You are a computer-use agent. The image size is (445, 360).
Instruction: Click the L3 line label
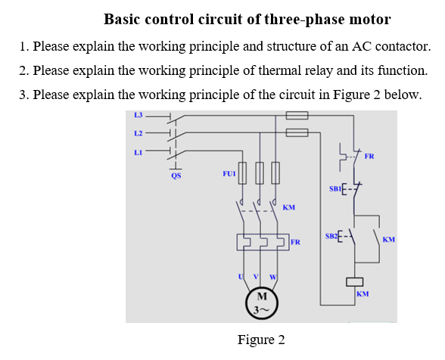pyautogui.click(x=138, y=115)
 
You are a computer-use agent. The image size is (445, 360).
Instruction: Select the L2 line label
pyautogui.click(x=138, y=133)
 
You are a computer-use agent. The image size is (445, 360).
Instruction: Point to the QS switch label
pyautogui.click(x=176, y=175)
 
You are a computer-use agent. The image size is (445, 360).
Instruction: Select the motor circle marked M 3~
pyautogui.click(x=261, y=301)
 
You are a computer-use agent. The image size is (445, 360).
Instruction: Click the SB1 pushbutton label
pyautogui.click(x=335, y=186)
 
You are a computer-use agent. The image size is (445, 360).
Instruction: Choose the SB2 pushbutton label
pyautogui.click(x=331, y=237)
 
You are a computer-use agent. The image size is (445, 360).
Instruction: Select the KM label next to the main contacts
pyautogui.click(x=288, y=206)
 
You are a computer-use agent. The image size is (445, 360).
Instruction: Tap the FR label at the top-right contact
pyautogui.click(x=369, y=157)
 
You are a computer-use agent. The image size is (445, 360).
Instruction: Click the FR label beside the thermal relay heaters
pyautogui.click(x=295, y=243)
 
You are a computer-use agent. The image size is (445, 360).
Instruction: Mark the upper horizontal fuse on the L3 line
pyautogui.click(x=297, y=116)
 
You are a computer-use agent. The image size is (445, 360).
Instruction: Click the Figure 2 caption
pyautogui.click(x=261, y=339)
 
